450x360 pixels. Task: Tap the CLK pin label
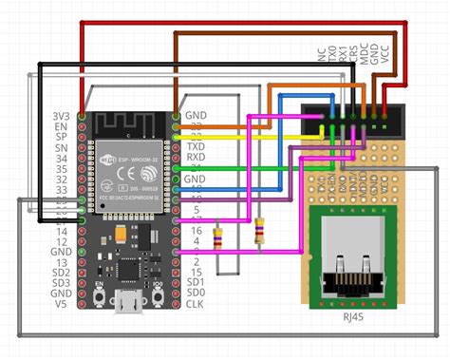(x=194, y=305)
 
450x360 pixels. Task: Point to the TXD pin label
(x=194, y=147)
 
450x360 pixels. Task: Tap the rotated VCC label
(x=384, y=53)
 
